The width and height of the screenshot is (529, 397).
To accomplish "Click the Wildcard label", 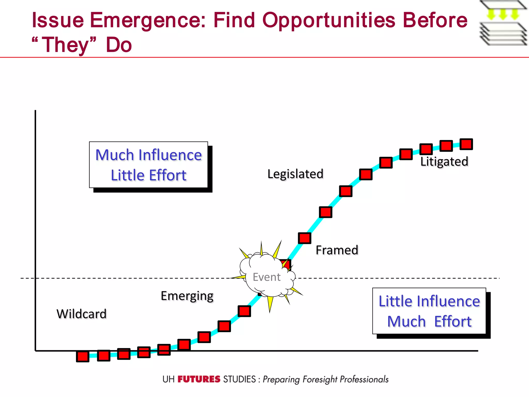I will point(81,314).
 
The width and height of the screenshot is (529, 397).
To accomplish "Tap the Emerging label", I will point(187,296).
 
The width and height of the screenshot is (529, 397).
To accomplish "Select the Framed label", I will point(337,250).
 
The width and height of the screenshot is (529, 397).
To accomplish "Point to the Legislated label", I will point(295,174).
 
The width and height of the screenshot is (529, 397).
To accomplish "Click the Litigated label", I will point(444,162).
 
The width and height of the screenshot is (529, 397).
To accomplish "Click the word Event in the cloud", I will point(267,277).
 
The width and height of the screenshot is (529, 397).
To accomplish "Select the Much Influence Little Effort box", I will point(149,165).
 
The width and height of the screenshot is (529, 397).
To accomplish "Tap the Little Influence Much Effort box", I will point(429,311).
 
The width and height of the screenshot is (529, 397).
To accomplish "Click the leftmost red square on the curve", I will point(83,356).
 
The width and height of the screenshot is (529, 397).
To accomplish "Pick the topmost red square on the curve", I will point(466,144).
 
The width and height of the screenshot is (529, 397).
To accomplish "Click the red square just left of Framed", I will point(305,238).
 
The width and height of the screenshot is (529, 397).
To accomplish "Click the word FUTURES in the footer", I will point(199,379).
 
